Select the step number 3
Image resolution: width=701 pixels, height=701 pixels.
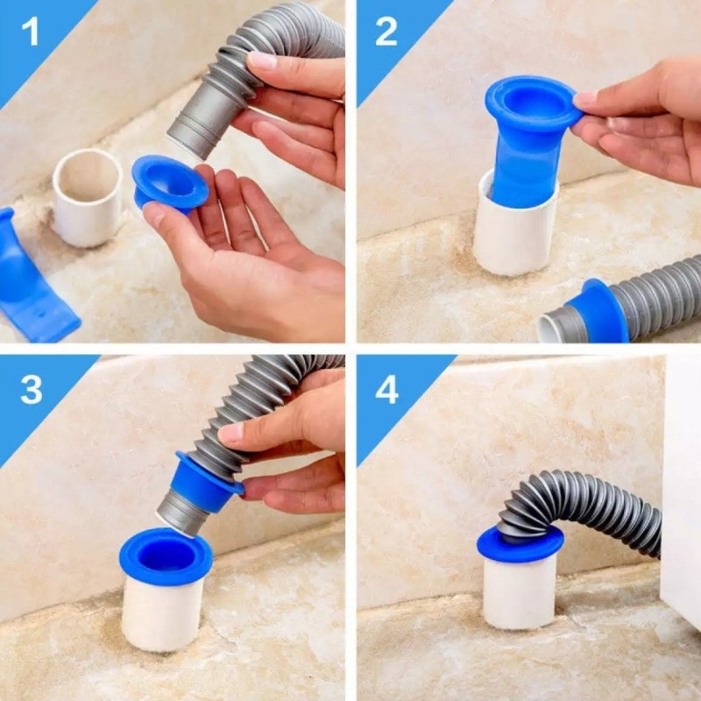point(32,389)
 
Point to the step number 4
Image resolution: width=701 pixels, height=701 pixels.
point(387,389)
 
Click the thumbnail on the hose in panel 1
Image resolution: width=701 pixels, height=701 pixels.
point(262,60)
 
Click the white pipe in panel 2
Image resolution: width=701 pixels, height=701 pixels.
point(515,232)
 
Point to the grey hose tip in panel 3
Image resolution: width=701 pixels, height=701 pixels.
point(181,513)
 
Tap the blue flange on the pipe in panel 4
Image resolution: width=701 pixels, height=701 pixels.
point(520,544)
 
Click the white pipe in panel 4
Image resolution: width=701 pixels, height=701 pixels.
point(520,592)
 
